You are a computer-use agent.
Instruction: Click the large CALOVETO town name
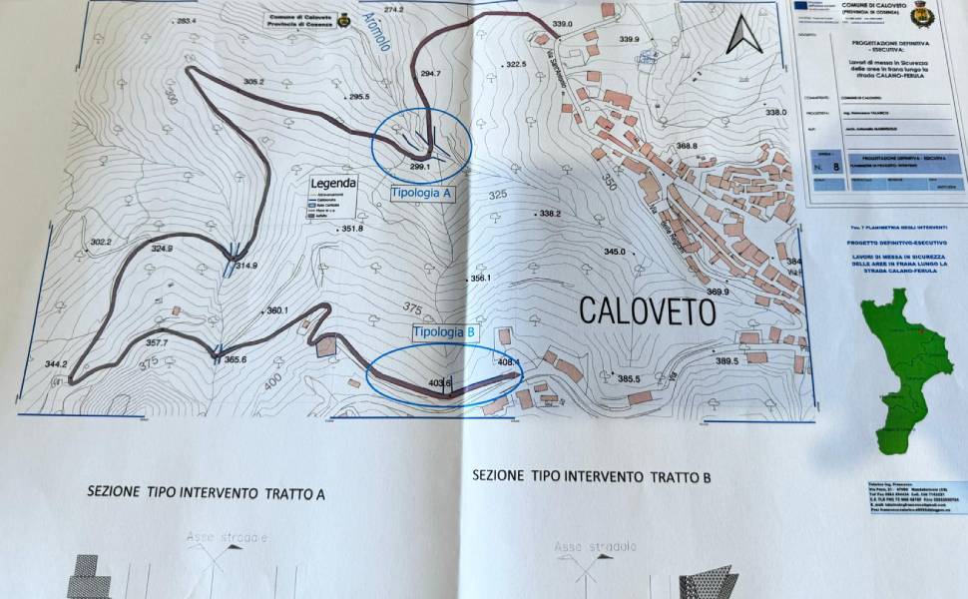pyautogui.click(x=648, y=311)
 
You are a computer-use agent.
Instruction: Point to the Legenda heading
pyautogui.click(x=333, y=184)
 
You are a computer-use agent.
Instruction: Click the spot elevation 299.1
pyautogui.click(x=419, y=166)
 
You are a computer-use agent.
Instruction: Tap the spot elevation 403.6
pyautogui.click(x=439, y=382)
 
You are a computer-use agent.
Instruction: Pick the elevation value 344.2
pyautogui.click(x=56, y=364)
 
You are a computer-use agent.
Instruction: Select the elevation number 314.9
pyautogui.click(x=246, y=266)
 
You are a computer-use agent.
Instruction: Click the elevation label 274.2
pyautogui.click(x=393, y=10)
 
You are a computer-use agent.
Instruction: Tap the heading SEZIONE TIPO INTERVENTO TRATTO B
pyautogui.click(x=592, y=477)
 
